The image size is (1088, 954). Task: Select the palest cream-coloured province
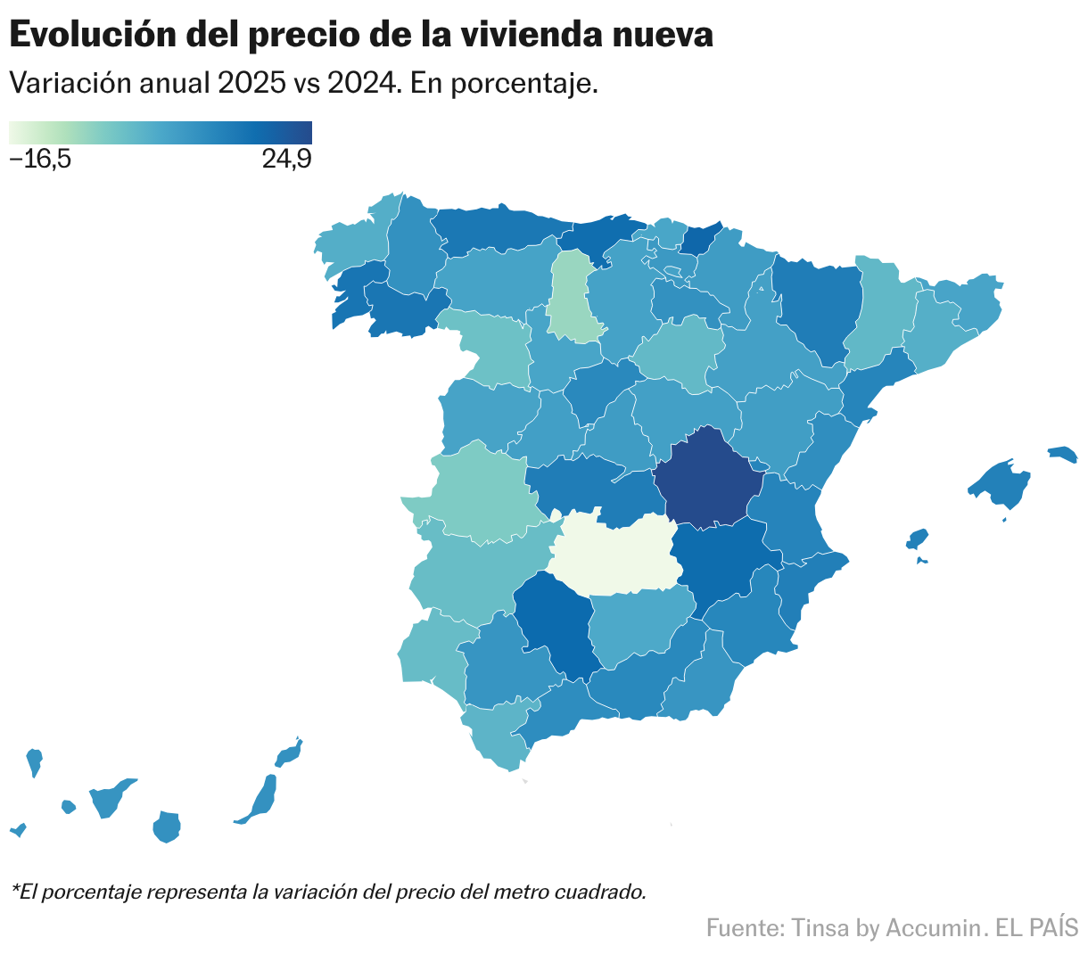tap(615, 553)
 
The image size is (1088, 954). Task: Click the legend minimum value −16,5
tap(40, 160)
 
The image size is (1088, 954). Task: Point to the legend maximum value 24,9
tap(286, 160)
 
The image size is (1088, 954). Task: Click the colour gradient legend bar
tap(161, 133)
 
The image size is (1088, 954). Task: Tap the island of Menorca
tap(1062, 455)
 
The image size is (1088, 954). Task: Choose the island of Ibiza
tap(917, 539)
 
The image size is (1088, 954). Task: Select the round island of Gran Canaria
tap(167, 827)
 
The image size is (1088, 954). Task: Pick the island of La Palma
tap(34, 762)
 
